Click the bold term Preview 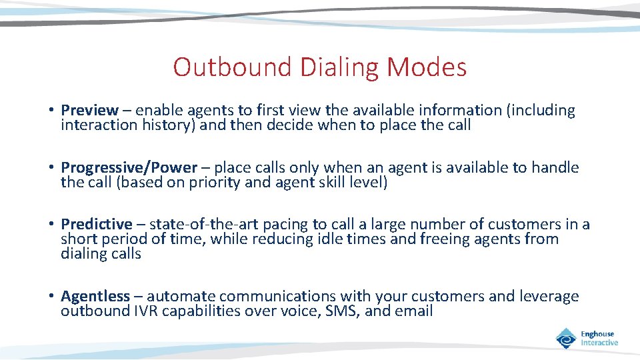[89, 110]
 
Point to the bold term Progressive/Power [129, 167]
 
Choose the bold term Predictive [97, 225]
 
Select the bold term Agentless [95, 296]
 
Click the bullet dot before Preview [51, 111]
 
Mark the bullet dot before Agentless [51, 297]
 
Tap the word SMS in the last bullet [343, 311]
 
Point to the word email [413, 311]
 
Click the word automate [181, 296]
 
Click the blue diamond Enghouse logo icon [567, 338]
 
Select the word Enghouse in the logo [597, 334]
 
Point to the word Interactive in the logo [599, 343]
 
